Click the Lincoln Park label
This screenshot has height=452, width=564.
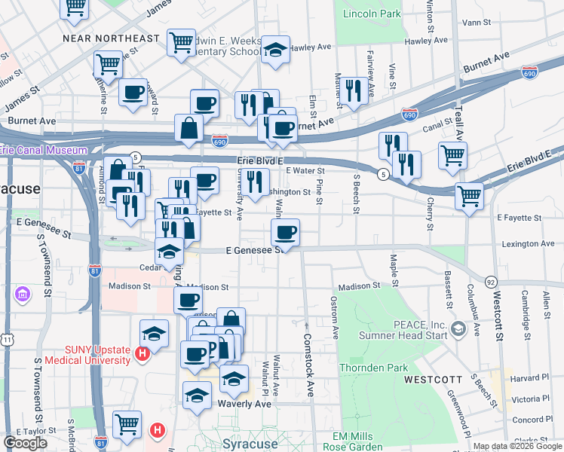372,14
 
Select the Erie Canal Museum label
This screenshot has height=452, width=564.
43,151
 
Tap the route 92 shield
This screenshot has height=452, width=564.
491,281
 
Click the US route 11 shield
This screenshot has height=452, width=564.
7,341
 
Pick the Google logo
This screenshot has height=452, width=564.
25,443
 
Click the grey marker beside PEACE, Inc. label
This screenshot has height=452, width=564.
458,328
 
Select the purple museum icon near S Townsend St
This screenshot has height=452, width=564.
23,292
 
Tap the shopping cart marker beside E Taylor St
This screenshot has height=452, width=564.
127,423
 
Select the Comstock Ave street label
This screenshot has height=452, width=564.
308,365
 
